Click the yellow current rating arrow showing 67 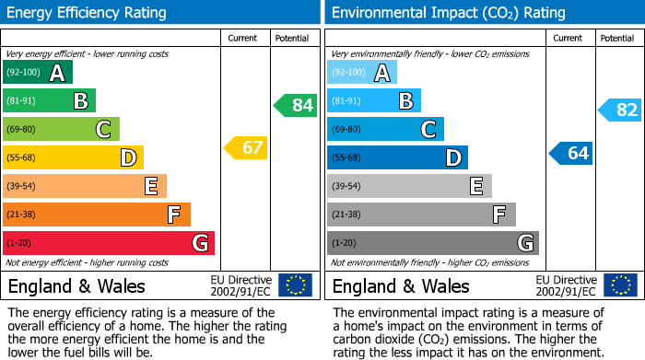point(246,147)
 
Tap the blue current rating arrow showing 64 point(571,153)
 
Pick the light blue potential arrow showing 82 point(620,110)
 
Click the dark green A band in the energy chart point(38,73)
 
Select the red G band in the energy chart point(109,243)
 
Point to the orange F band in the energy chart point(97,215)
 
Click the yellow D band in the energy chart point(73,157)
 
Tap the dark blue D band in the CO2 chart point(397,157)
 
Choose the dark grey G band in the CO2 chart point(432,243)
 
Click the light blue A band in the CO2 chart point(362,73)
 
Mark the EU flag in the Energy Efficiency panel point(295,285)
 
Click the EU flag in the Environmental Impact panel point(620,285)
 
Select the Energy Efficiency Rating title point(88,13)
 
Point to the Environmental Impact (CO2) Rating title point(448,13)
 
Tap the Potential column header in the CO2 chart point(617,38)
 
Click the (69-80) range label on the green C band point(21,130)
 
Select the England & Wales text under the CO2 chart point(401,285)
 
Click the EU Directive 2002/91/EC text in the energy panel point(241,285)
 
